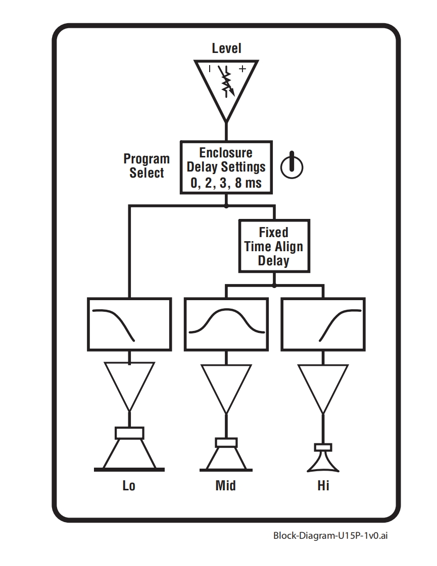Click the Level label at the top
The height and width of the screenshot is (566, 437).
coord(226,48)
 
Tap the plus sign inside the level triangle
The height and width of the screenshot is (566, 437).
coord(242,69)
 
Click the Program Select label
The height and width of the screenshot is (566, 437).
coord(147,166)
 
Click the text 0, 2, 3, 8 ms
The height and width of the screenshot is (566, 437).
coord(226,183)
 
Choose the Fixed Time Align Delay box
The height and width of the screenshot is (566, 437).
coord(274,246)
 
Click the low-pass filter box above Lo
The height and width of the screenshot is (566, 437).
coord(129,323)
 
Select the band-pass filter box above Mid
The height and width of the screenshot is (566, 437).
coord(226,323)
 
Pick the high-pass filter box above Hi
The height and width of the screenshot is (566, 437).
coord(323,323)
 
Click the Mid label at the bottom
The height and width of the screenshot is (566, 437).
coord(225,486)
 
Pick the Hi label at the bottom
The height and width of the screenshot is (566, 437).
coord(323,486)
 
